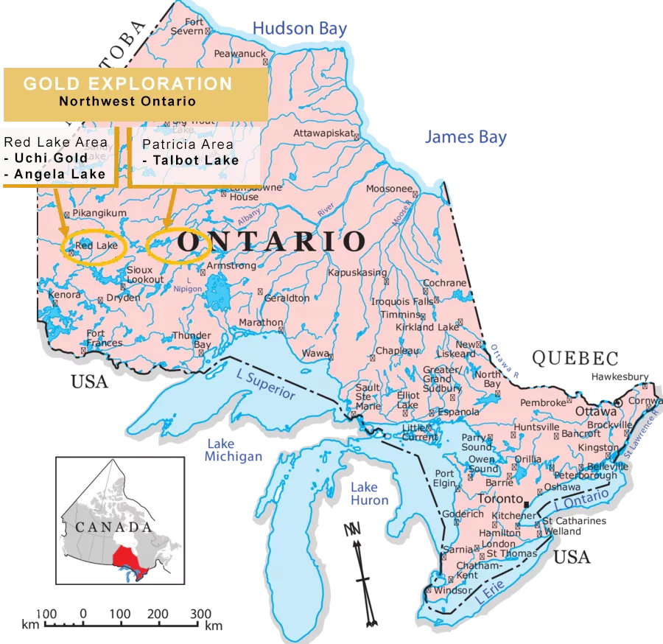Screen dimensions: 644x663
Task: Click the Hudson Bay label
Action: [x=300, y=29]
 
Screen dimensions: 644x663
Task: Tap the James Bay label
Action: [x=466, y=137]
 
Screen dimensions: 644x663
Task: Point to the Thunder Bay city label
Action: [x=192, y=340]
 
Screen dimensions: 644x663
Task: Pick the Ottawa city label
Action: [x=596, y=411]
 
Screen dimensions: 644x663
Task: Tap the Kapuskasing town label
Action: [x=357, y=273]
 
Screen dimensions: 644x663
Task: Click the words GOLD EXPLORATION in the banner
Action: [x=127, y=83]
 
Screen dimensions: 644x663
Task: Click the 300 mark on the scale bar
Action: [x=200, y=614]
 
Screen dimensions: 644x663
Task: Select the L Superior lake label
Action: [x=265, y=385]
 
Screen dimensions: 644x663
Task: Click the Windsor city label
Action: [x=452, y=590]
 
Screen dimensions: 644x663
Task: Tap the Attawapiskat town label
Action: [x=324, y=134]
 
